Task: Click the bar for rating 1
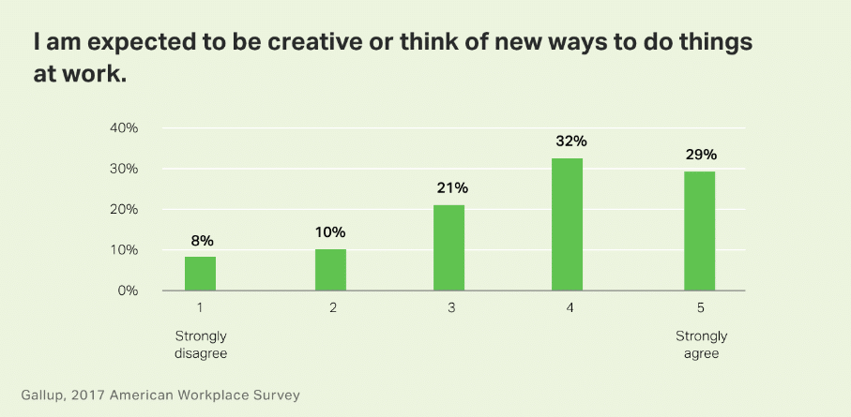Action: point(200,274)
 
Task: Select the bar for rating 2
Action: point(330,270)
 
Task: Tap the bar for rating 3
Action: point(449,247)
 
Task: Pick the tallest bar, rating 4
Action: point(568,225)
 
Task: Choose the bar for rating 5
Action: point(699,231)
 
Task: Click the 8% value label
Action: point(201,241)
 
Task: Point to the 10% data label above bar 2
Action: point(330,232)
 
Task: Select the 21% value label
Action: point(451,187)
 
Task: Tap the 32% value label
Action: point(570,141)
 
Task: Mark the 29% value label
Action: point(701,154)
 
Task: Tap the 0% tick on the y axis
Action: point(129,290)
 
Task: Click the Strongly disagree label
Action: point(201,345)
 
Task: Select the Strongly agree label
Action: point(700,345)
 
